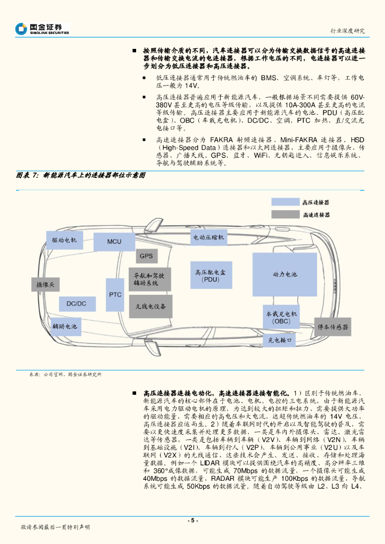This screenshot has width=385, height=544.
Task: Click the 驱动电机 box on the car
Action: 64,240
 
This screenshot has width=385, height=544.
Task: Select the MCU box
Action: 114,242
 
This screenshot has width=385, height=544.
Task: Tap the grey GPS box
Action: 146,256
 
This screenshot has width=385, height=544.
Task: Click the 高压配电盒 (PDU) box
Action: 211,276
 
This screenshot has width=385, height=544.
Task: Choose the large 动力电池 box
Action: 284,274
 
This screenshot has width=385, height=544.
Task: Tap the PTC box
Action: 115,294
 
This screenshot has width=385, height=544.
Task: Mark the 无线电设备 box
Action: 150,307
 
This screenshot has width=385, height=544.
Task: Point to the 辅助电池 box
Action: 64,326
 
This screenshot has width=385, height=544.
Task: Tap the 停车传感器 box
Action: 333,326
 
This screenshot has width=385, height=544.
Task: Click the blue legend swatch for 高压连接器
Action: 285,202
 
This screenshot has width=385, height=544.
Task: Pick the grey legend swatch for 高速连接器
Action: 285,214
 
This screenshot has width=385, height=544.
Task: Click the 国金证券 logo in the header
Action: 42,29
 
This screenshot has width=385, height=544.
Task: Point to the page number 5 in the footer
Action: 192,520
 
